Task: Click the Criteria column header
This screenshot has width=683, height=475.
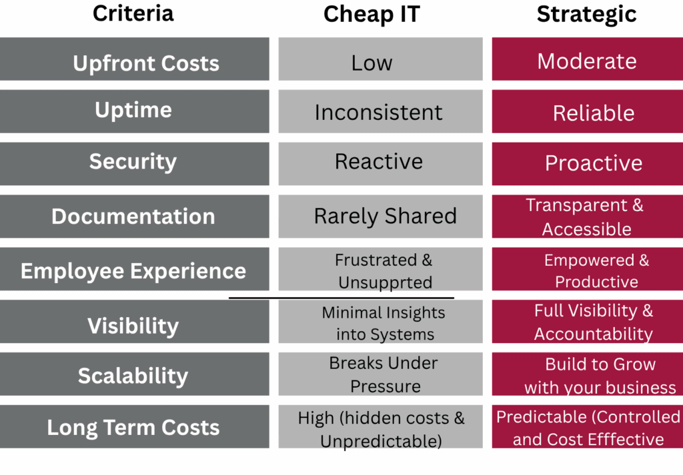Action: (133, 13)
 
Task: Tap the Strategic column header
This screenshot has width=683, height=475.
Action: (586, 14)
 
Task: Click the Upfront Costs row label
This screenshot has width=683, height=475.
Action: (145, 63)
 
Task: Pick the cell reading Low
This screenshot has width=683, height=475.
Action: (372, 63)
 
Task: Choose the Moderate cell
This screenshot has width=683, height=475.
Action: (587, 61)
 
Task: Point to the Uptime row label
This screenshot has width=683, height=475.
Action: (133, 110)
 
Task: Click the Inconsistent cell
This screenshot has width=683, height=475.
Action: (378, 112)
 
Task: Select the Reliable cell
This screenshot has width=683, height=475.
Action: (593, 113)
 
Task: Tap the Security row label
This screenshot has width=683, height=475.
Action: (133, 162)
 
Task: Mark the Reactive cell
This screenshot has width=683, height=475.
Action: (378, 162)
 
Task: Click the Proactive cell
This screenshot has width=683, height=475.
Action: (593, 163)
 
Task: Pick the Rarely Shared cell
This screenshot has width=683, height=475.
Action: (385, 216)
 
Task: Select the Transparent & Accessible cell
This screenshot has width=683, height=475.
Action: (586, 217)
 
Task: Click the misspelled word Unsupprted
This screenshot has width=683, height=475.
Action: (385, 282)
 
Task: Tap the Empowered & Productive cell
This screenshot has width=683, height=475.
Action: (596, 270)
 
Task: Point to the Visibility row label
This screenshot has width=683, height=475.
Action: (133, 326)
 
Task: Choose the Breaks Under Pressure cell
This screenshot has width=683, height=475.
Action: (384, 374)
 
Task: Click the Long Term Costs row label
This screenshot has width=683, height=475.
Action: (133, 427)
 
